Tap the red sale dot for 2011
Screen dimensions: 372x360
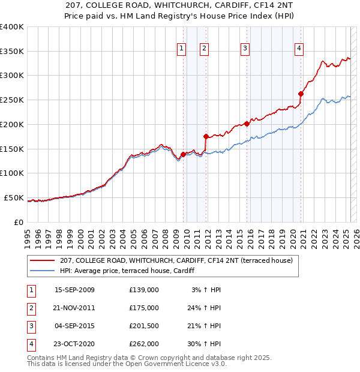(206, 136)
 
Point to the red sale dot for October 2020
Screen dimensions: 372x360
(301, 94)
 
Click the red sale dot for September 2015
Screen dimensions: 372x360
(247, 124)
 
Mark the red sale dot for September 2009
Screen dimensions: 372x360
(183, 154)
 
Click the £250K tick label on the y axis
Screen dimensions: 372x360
(11, 100)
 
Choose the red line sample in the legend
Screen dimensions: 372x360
(42, 260)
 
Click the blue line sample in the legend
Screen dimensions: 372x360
(42, 271)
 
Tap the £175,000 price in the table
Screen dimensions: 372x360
(144, 308)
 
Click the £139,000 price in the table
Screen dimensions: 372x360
(144, 290)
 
